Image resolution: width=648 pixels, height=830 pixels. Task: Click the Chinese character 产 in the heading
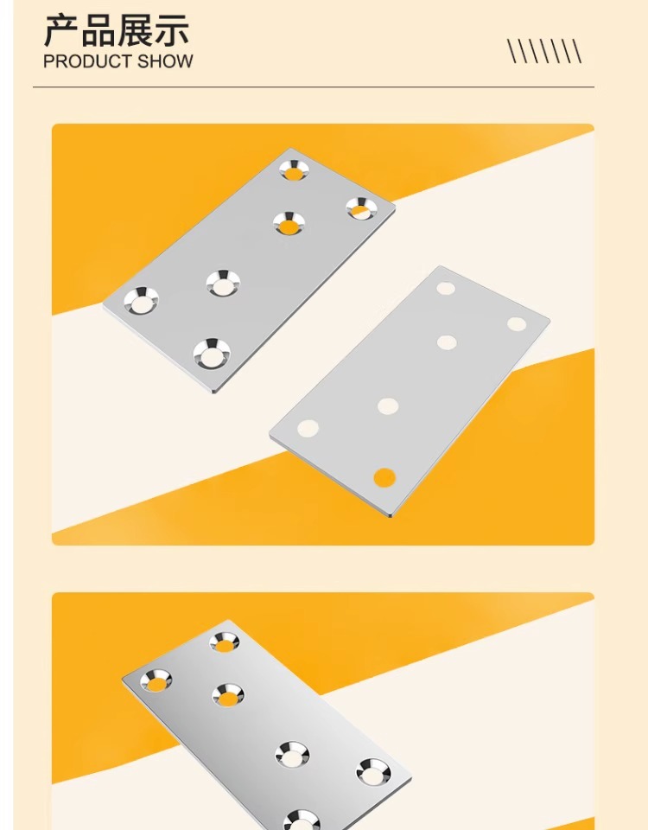61,31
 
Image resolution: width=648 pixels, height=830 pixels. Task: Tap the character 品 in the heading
98,31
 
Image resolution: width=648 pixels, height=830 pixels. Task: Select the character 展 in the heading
134,31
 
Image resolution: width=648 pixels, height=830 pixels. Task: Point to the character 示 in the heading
170,31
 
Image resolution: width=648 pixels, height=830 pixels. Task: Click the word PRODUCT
87,61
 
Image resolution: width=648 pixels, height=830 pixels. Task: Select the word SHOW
165,61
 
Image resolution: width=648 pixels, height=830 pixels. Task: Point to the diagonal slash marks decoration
544,51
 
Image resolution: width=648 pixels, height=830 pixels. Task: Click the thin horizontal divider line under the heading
313,86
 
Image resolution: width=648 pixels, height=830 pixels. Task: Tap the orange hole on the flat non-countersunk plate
384,477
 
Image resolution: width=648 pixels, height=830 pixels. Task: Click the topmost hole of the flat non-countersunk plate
446,289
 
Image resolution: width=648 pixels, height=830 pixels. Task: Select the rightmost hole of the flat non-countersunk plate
517,324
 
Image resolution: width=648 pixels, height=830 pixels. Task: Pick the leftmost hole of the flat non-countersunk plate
308,428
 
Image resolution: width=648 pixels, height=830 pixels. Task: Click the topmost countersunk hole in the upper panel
294,170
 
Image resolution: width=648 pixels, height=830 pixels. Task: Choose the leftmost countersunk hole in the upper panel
141,301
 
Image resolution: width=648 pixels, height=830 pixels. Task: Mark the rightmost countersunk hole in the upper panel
362,208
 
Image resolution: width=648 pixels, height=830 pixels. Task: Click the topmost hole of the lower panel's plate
225,642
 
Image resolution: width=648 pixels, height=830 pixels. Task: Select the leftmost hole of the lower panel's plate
156,680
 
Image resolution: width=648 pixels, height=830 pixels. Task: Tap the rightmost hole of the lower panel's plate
373,773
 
